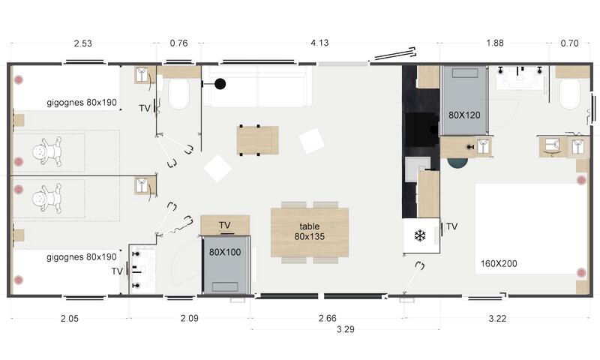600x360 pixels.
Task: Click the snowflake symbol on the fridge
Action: pyautogui.click(x=420, y=235)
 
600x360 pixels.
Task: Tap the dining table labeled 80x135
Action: pyautogui.click(x=310, y=232)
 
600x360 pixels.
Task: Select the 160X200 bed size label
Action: pyautogui.click(x=499, y=263)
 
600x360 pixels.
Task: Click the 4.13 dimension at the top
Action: pyautogui.click(x=319, y=43)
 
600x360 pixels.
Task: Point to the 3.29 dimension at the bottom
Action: pyautogui.click(x=346, y=329)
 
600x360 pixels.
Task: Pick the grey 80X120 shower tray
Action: pyautogui.click(x=464, y=100)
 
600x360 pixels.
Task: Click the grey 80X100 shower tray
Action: pyautogui.click(x=226, y=265)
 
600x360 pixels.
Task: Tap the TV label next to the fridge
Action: pyautogui.click(x=452, y=226)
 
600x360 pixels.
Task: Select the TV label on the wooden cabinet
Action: pyautogui.click(x=224, y=225)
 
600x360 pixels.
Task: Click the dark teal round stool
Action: pyautogui.click(x=457, y=163)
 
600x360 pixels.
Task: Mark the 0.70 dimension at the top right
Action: pyautogui.click(x=569, y=43)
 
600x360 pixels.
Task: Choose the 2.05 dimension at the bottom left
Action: pyautogui.click(x=69, y=318)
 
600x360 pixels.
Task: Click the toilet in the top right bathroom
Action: pyautogui.click(x=569, y=94)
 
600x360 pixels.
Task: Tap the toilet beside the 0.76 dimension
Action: pyautogui.click(x=178, y=94)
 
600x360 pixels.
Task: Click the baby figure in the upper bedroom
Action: pyautogui.click(x=47, y=151)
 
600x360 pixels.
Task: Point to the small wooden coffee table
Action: pyautogui.click(x=257, y=140)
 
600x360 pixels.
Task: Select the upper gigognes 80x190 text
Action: pyautogui.click(x=82, y=103)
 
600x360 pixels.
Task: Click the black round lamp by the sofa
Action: pyautogui.click(x=220, y=84)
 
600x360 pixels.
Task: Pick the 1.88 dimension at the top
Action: pyautogui.click(x=495, y=43)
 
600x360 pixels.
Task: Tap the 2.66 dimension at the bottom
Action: pyautogui.click(x=328, y=318)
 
